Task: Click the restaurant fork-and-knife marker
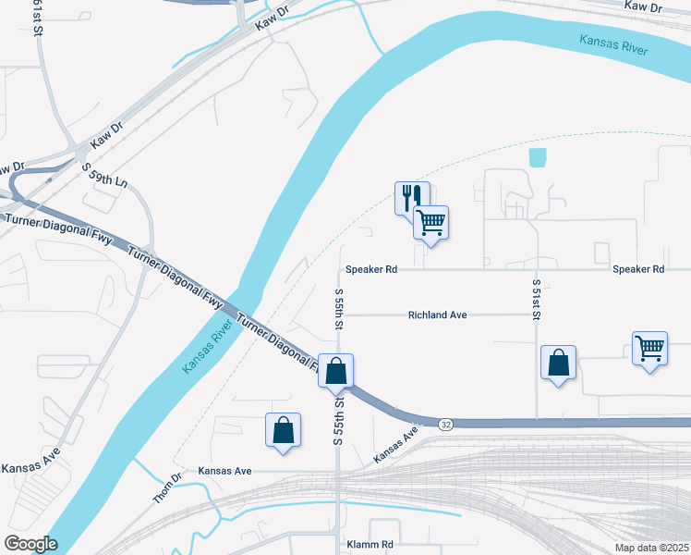(x=409, y=197)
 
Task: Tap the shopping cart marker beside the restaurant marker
(x=430, y=221)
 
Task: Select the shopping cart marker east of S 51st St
(x=649, y=349)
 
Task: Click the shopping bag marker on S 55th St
(x=336, y=371)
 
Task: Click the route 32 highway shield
(x=446, y=424)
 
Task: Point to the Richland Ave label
(x=437, y=315)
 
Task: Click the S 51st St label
(x=536, y=296)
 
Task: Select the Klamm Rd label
(x=370, y=545)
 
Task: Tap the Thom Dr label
(x=168, y=488)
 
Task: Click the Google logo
(x=30, y=544)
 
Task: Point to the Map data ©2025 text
(x=650, y=548)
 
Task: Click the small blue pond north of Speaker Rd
(x=538, y=157)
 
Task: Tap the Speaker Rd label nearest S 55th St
(x=370, y=269)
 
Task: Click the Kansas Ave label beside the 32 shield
(x=398, y=445)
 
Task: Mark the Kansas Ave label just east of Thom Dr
(x=224, y=471)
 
